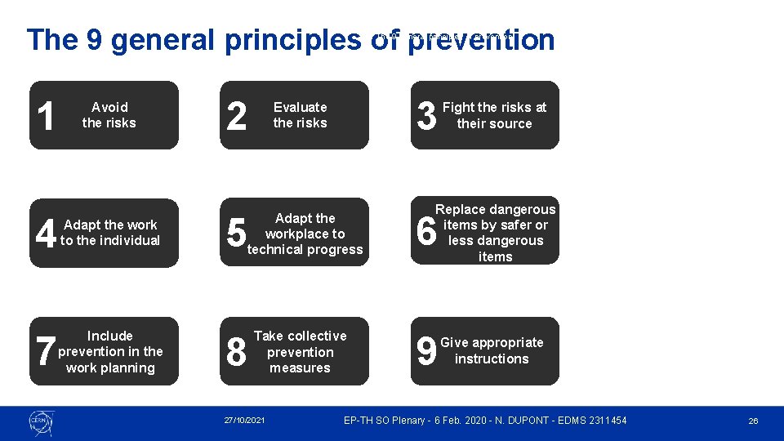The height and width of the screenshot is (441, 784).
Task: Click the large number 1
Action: (x=47, y=116)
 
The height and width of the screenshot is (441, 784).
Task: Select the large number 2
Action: (x=236, y=116)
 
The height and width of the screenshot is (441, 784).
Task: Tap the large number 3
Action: (x=426, y=116)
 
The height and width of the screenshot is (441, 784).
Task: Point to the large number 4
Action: (x=46, y=234)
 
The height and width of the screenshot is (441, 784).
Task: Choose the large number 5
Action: (x=236, y=234)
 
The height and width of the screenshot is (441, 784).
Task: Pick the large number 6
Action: (x=426, y=233)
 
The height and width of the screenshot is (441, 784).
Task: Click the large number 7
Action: (x=46, y=352)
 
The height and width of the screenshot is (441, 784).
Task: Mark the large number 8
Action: (x=236, y=352)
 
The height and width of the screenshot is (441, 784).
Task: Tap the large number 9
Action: (x=425, y=352)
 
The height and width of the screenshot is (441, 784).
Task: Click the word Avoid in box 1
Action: (x=109, y=107)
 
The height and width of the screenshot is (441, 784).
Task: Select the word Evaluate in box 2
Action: (x=300, y=107)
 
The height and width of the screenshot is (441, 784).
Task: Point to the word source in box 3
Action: (x=511, y=124)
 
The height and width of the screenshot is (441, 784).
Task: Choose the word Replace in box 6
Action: (x=461, y=209)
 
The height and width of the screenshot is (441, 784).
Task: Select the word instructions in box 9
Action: (x=492, y=359)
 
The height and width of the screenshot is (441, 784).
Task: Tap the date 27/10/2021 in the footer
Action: (x=245, y=421)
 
